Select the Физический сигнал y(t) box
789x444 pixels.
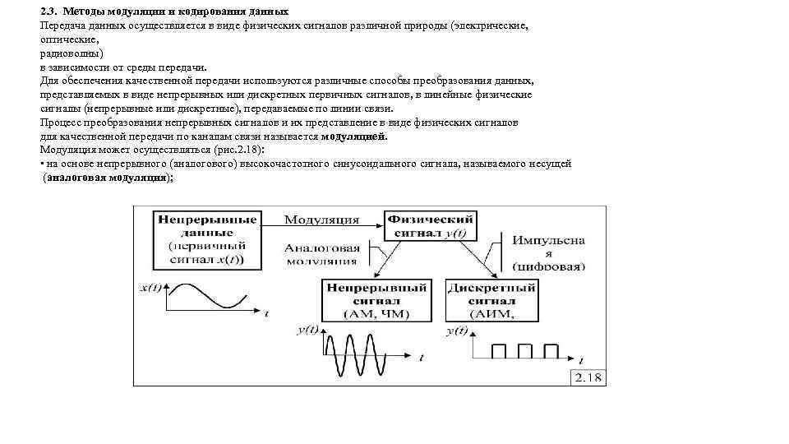[x=430, y=226]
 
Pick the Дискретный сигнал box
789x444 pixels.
[x=491, y=300]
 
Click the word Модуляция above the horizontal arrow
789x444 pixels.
[x=321, y=220]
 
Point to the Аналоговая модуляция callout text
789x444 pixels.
[x=321, y=254]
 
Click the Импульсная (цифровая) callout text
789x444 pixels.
[x=548, y=253]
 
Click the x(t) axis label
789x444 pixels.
[x=151, y=289]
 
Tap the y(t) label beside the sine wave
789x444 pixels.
[x=307, y=331]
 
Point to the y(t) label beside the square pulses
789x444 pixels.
[x=457, y=331]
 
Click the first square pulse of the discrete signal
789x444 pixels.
[x=498, y=351]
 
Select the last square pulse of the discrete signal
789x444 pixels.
[x=548, y=351]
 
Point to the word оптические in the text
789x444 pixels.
[x=69, y=39]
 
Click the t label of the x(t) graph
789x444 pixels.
[x=265, y=313]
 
